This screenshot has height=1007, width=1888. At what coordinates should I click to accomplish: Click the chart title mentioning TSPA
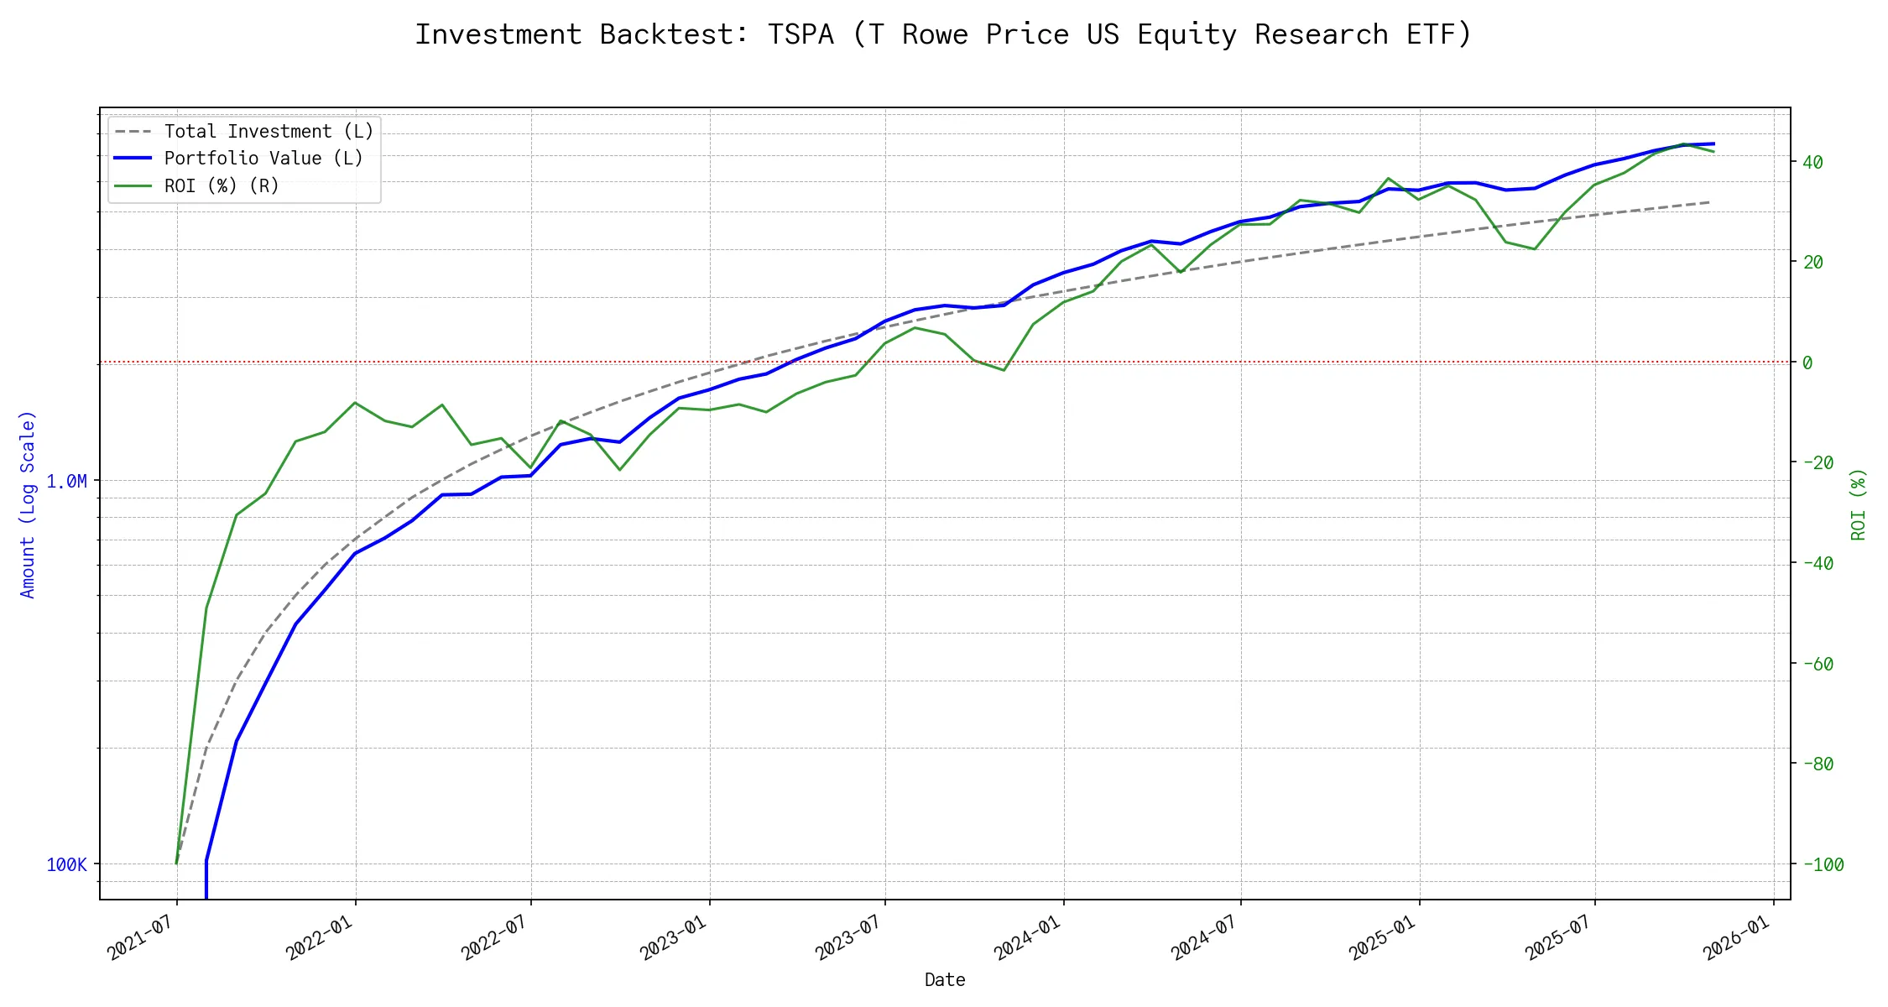(943, 34)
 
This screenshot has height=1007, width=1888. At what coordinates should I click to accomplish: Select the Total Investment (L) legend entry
(269, 132)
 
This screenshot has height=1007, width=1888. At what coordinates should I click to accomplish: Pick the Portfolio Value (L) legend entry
(263, 159)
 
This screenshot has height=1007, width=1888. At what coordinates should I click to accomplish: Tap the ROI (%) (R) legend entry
(222, 185)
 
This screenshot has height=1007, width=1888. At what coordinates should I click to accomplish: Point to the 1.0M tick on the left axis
(66, 482)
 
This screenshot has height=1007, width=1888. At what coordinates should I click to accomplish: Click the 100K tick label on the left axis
(66, 865)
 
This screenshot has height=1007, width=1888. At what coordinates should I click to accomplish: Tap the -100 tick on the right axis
(1823, 865)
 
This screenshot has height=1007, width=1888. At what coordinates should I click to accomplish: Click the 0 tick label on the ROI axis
(1807, 363)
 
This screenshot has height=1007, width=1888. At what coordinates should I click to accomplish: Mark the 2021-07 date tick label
(141, 937)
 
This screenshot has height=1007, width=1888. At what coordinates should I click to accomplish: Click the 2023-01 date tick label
(673, 937)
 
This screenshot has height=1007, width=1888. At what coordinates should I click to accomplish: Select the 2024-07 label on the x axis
(1204, 937)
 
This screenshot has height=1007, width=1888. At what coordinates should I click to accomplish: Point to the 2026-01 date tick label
(1736, 937)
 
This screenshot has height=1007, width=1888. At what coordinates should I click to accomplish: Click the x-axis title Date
(945, 980)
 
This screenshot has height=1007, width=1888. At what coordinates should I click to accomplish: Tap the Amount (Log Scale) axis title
(28, 504)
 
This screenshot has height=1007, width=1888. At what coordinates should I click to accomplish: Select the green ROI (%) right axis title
(1859, 504)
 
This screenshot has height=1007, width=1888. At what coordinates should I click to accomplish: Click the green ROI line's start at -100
(176, 864)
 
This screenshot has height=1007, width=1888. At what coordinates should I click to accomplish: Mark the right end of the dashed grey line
(1709, 202)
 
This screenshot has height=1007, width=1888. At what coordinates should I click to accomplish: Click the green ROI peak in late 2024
(1389, 178)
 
